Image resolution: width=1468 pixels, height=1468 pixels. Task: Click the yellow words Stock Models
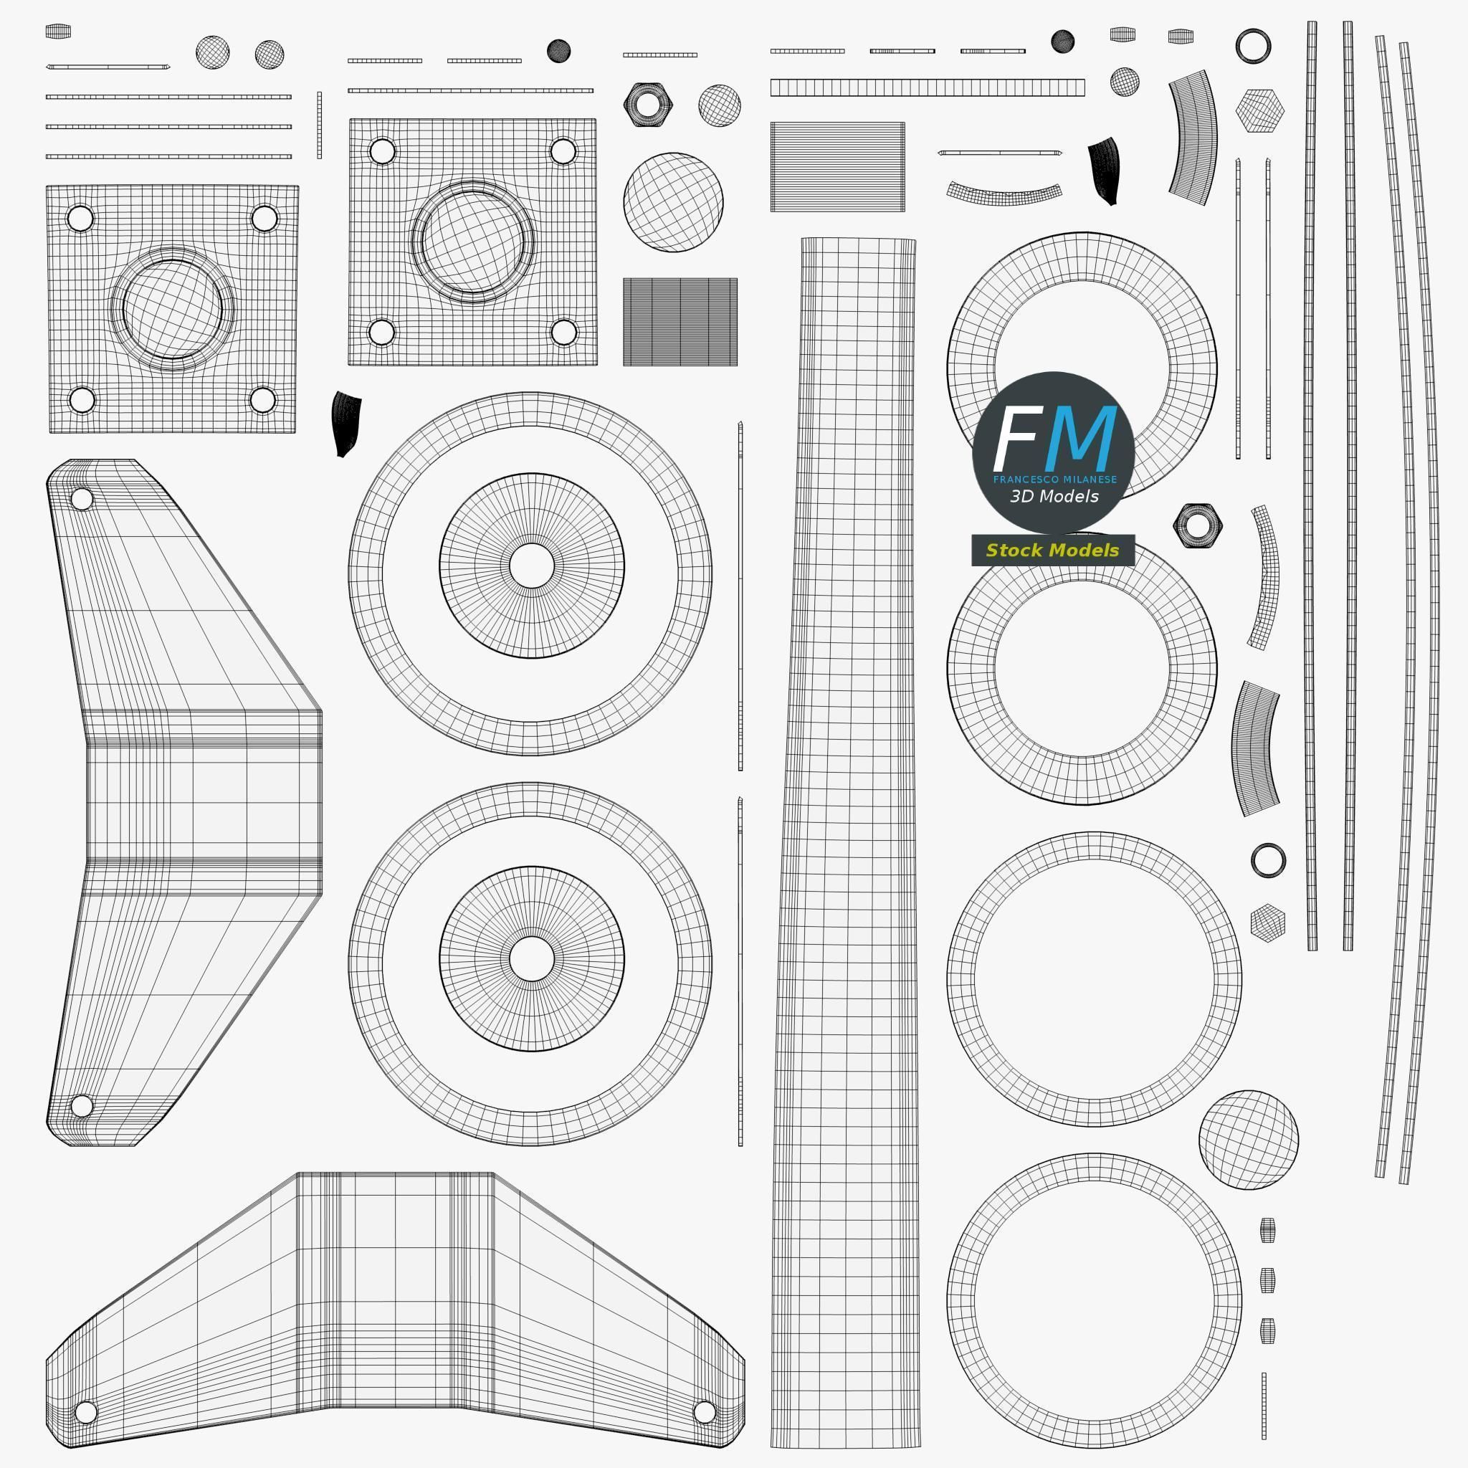point(1052,550)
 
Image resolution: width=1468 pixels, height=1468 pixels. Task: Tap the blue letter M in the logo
point(1080,440)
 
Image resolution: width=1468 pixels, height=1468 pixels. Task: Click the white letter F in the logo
point(1016,440)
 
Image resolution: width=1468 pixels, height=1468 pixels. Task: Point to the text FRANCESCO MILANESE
point(1054,480)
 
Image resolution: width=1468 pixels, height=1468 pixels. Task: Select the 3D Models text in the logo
point(1054,496)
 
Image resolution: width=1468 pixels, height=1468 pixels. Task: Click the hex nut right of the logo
point(1198,524)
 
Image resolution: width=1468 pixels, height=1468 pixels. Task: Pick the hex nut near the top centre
point(647,104)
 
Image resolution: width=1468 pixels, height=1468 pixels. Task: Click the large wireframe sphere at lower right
point(1249,1140)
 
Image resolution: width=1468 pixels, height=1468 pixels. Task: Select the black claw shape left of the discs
point(345,423)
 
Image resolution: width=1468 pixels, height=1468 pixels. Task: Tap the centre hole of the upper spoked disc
point(532,566)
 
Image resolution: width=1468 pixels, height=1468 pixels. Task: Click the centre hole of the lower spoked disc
point(532,959)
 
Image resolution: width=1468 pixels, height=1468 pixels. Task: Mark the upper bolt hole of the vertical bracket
point(81,499)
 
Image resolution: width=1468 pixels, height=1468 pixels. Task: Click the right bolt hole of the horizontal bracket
point(705,1412)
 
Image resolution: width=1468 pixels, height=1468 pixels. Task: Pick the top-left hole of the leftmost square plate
point(80,219)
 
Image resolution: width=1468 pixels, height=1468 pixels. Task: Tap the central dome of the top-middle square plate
point(472,241)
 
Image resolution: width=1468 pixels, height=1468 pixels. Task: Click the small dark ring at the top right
point(1253,46)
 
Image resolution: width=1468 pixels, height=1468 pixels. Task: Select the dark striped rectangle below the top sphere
point(680,321)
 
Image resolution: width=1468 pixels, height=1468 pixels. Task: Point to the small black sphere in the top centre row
point(558,51)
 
